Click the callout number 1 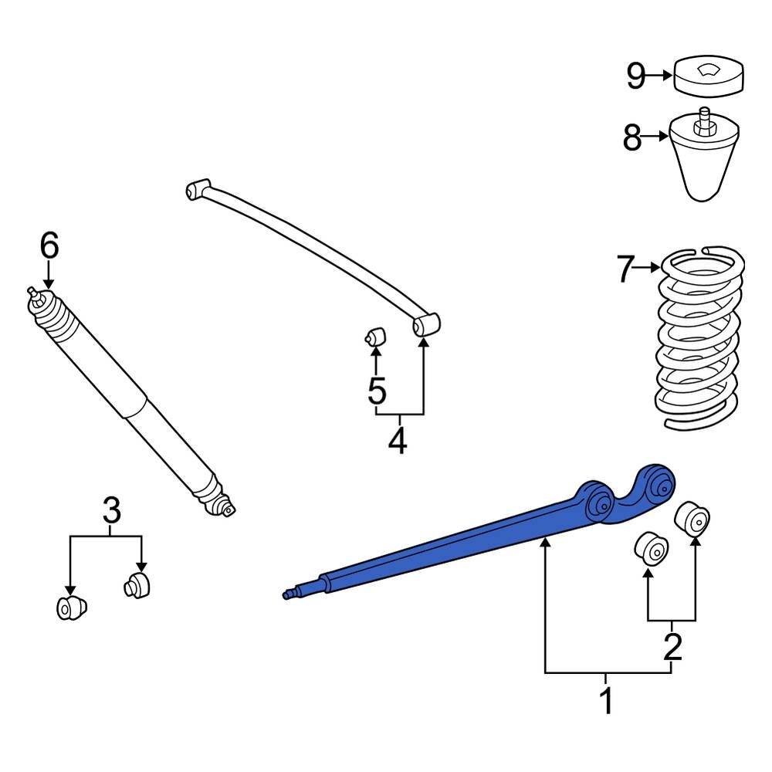tap(606, 701)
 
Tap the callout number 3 tap(111, 510)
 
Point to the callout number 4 tap(397, 441)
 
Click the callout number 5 tap(376, 391)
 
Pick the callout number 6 tap(49, 246)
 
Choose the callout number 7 tap(625, 269)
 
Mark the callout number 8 tap(632, 139)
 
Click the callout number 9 tap(635, 76)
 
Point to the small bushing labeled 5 tap(376, 337)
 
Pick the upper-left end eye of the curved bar tap(198, 188)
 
